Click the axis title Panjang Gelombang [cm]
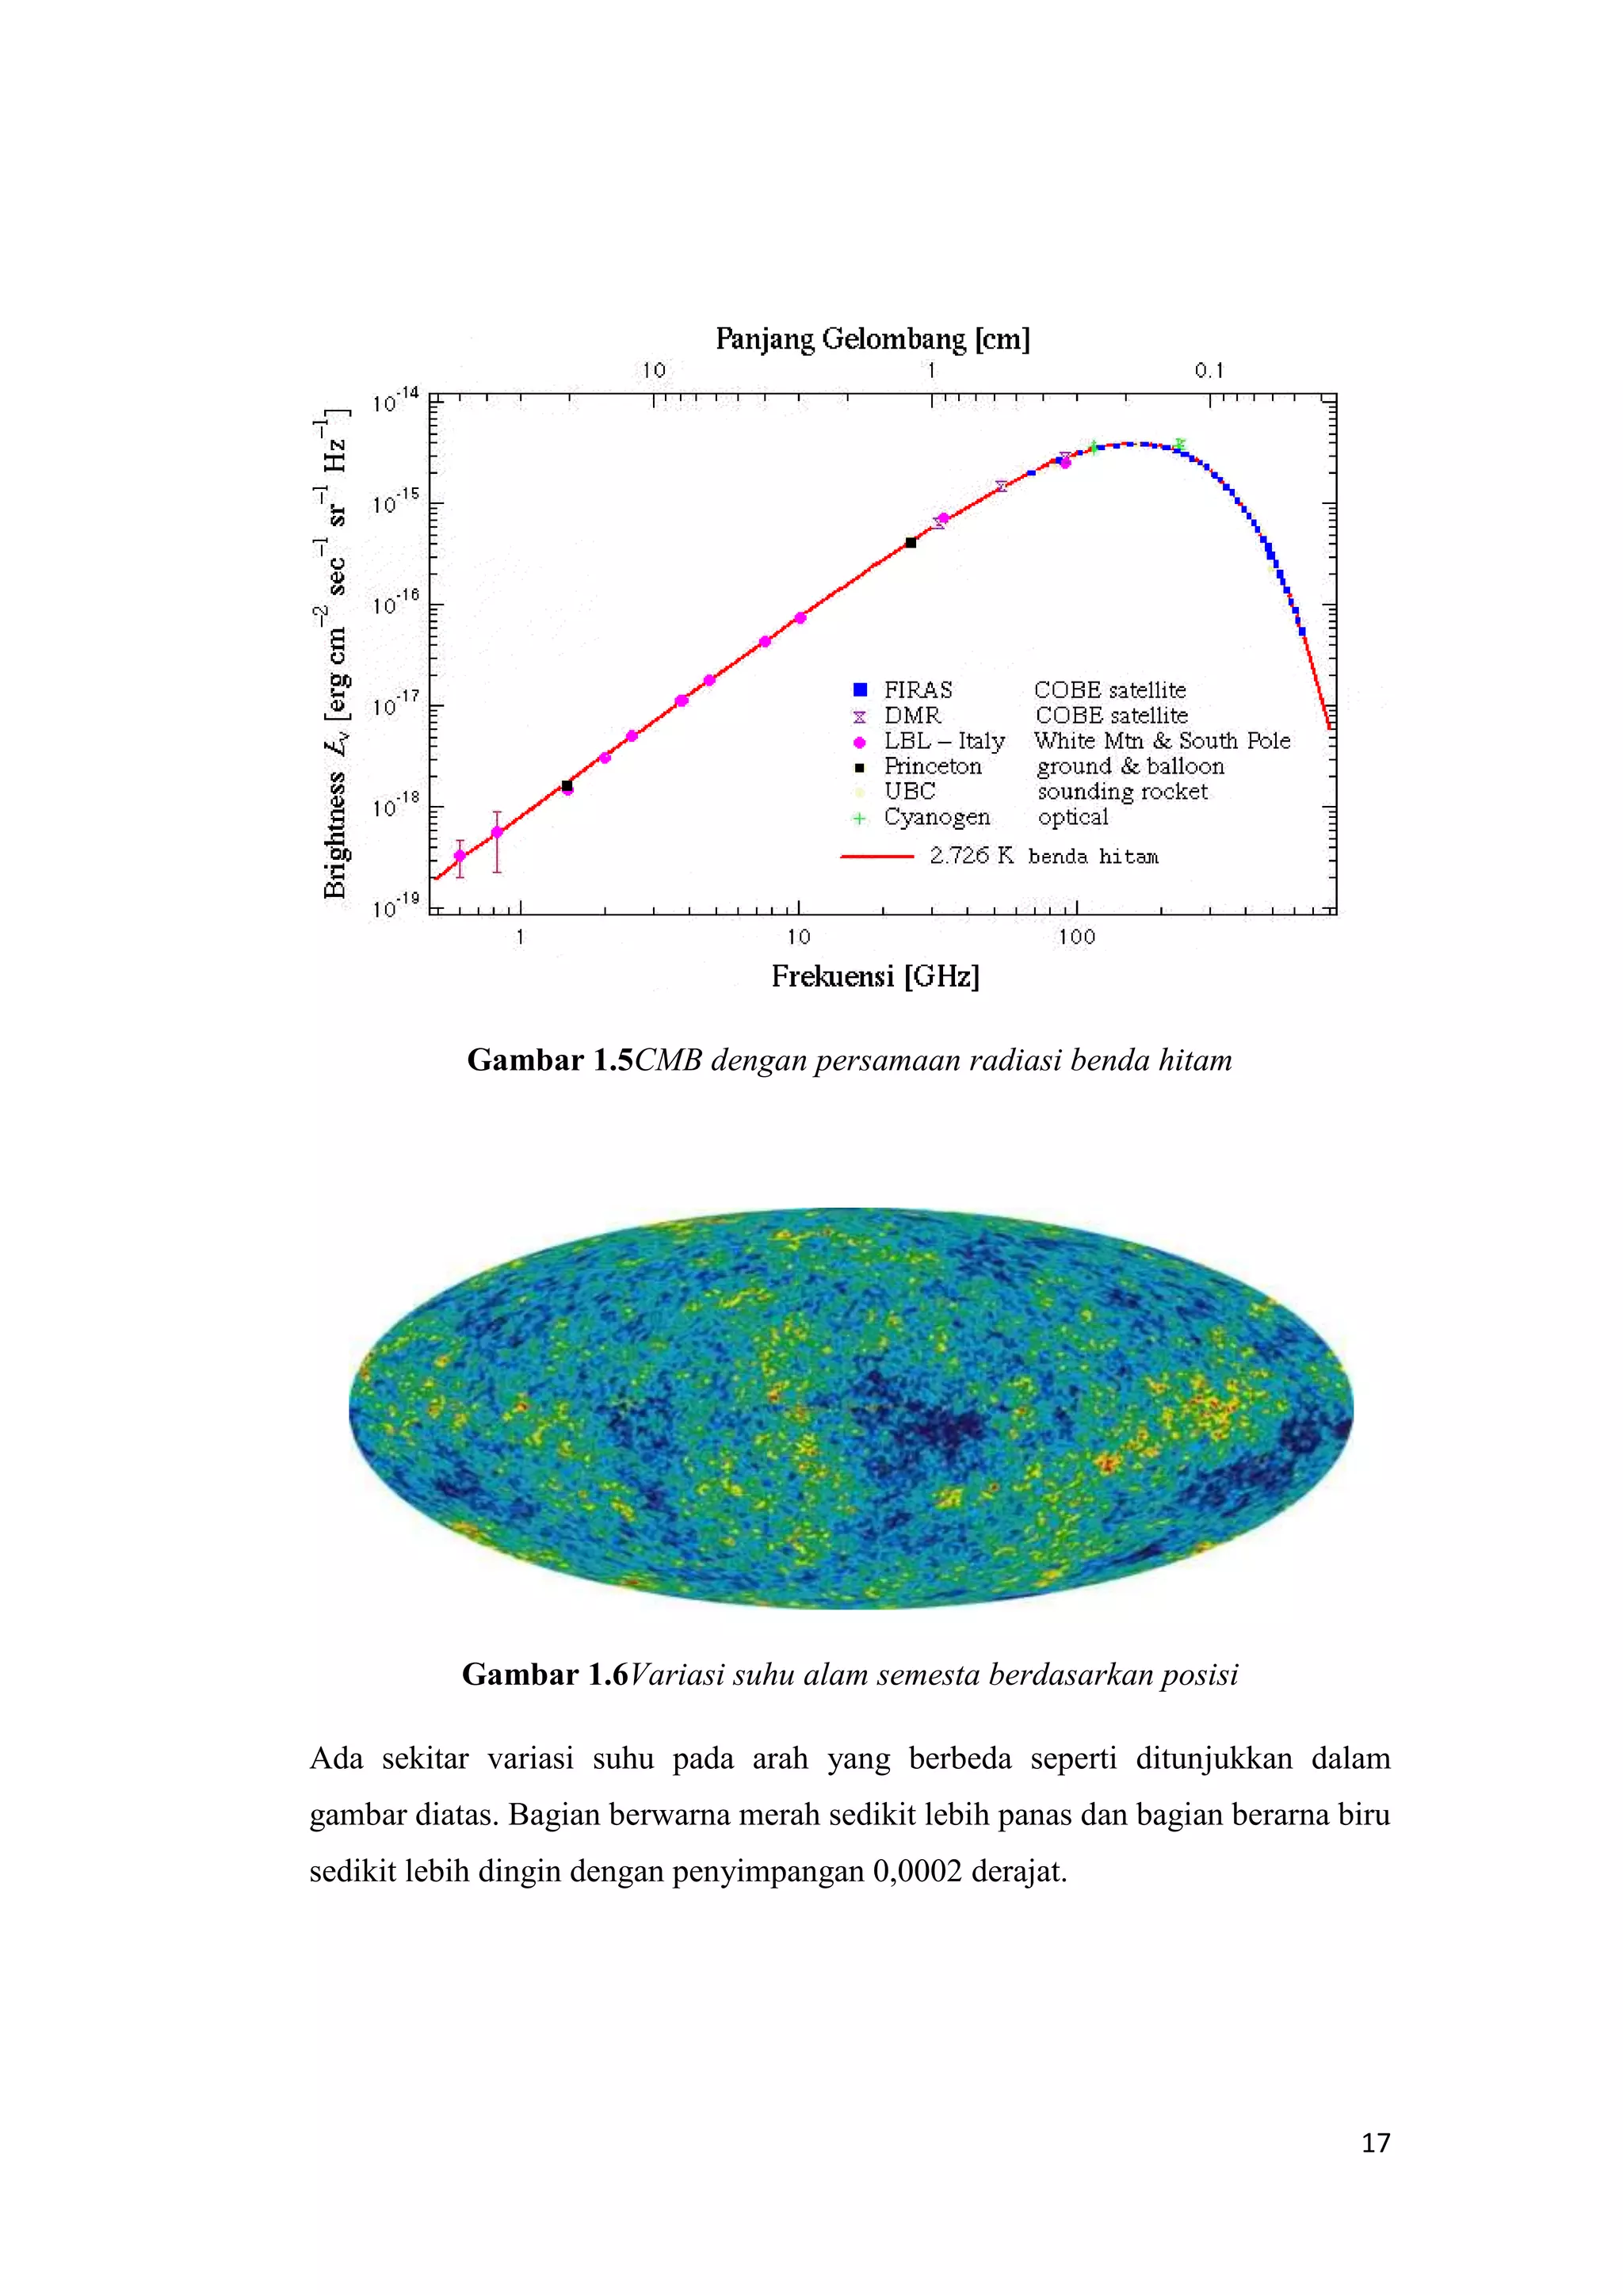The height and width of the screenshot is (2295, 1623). (x=873, y=340)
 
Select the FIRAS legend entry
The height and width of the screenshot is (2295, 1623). (x=918, y=689)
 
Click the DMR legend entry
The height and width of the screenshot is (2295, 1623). (x=911, y=716)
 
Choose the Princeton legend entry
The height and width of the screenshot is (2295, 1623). (x=931, y=766)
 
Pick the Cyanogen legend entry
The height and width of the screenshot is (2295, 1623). (x=937, y=818)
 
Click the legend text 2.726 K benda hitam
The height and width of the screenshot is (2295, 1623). (x=1044, y=857)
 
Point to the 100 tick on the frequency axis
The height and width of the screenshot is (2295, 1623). (x=1076, y=937)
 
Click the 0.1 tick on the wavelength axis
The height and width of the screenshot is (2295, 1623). (x=1209, y=371)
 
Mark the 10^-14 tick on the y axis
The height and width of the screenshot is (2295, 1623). (x=395, y=402)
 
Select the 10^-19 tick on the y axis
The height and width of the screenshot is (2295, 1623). (x=395, y=907)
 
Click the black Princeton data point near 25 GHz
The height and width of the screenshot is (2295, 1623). (x=911, y=543)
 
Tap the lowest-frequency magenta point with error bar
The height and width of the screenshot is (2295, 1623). (x=460, y=856)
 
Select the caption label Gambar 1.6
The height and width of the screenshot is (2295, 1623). (x=544, y=1675)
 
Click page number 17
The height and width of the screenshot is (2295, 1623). (x=1375, y=2143)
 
